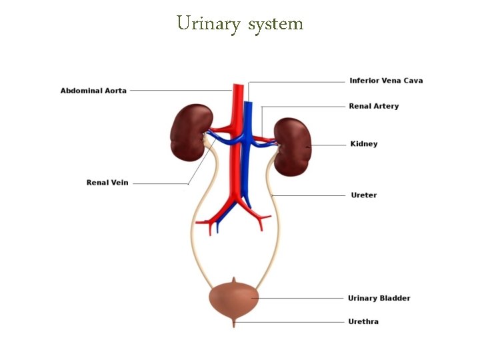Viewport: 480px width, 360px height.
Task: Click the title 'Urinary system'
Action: click(240, 24)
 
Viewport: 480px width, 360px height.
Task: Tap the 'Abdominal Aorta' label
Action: click(93, 91)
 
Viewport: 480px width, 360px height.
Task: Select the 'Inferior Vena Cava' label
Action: click(386, 81)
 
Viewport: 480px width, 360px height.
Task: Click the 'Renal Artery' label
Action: click(373, 106)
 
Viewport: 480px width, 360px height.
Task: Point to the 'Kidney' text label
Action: click(363, 144)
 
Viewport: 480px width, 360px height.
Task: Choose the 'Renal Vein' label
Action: click(107, 183)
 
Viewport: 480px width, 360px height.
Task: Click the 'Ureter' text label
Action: click(363, 195)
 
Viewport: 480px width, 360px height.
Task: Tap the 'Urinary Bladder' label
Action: click(379, 298)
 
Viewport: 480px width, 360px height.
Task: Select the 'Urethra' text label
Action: click(363, 321)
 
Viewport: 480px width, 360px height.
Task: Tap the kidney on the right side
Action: click(293, 147)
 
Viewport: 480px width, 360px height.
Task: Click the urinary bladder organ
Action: click(233, 299)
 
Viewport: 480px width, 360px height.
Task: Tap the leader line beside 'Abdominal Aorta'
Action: click(180, 91)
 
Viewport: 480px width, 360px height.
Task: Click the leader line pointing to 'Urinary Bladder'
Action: click(300, 298)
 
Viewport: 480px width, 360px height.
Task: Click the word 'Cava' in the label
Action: click(412, 81)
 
